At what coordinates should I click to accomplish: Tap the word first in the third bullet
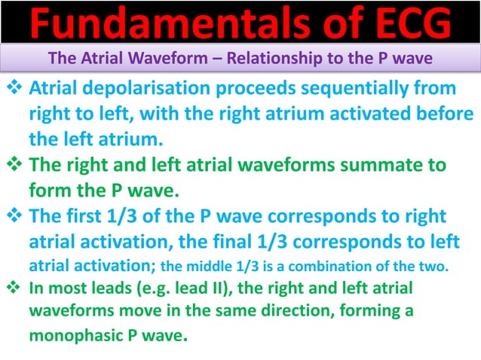pos(82,216)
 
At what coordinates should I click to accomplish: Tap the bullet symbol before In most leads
pos(13,287)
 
